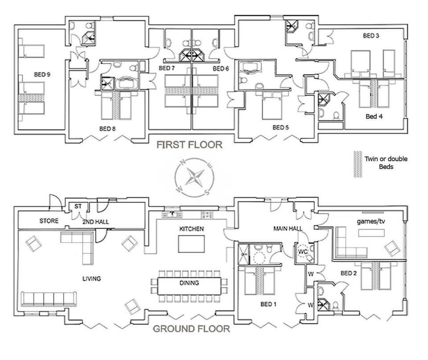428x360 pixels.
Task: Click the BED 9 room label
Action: coord(41,74)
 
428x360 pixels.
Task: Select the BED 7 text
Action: coord(167,68)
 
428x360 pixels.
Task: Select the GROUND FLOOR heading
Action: coord(192,329)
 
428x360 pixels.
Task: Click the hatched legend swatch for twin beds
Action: coord(357,164)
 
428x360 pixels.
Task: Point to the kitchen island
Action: coord(191,244)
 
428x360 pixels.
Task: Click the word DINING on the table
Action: coord(189,283)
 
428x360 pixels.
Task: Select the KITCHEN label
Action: coord(191,229)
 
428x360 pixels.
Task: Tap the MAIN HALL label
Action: coord(288,229)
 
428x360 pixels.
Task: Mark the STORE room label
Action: coord(49,221)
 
